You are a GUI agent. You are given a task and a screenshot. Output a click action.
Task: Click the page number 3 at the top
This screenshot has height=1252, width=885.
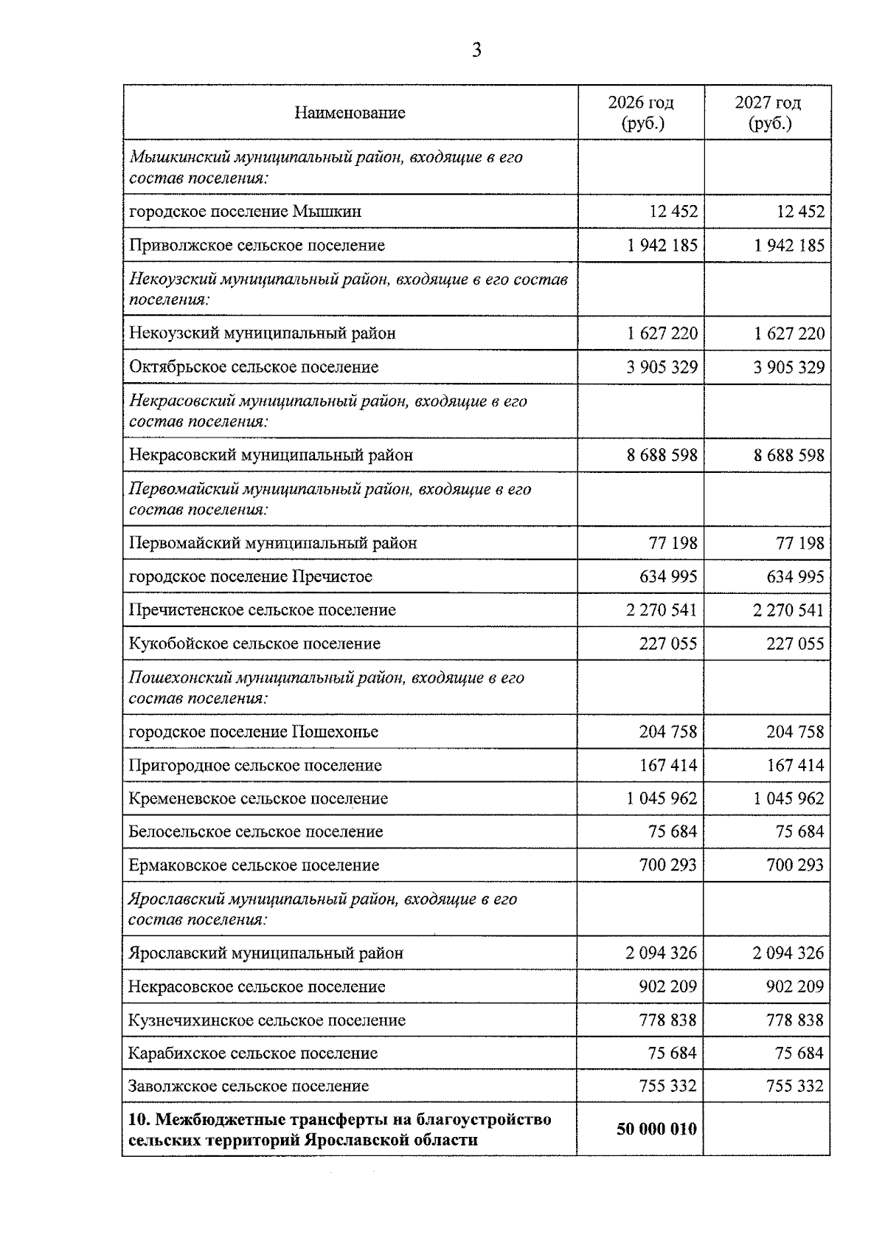(x=476, y=50)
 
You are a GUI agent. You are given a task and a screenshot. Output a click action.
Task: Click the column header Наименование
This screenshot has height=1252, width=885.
(x=350, y=113)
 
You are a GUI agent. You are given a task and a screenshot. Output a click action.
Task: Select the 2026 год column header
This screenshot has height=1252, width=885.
(x=641, y=112)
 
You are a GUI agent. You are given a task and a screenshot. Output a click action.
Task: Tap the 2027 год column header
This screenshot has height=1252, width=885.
(x=768, y=112)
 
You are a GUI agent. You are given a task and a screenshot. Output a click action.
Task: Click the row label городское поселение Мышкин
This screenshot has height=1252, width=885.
(x=245, y=212)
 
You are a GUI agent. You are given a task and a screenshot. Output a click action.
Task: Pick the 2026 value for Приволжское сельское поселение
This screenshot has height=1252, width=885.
(x=662, y=246)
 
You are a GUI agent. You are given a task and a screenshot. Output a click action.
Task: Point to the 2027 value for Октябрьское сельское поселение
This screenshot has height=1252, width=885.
(x=789, y=367)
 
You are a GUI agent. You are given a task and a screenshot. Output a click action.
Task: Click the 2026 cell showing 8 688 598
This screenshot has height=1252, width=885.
(x=662, y=455)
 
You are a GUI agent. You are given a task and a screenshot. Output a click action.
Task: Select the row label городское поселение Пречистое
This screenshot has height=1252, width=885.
(x=250, y=577)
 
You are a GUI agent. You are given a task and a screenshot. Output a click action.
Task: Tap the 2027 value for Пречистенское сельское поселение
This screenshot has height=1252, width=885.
(x=789, y=610)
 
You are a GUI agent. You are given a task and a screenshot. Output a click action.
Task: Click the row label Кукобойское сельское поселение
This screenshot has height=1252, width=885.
(x=254, y=643)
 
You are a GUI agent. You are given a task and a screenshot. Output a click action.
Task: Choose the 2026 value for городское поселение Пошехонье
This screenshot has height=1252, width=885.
(x=667, y=732)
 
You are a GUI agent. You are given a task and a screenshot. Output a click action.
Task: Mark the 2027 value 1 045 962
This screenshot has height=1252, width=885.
(x=789, y=798)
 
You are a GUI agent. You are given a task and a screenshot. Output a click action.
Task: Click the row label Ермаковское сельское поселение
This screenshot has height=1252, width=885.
(x=254, y=865)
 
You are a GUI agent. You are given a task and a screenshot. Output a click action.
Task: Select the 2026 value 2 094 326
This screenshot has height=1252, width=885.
(x=662, y=953)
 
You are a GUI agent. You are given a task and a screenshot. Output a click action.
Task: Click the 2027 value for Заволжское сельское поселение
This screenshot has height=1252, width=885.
(x=794, y=1086)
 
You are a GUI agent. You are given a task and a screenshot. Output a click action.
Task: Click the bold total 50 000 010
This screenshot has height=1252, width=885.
(x=656, y=1129)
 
